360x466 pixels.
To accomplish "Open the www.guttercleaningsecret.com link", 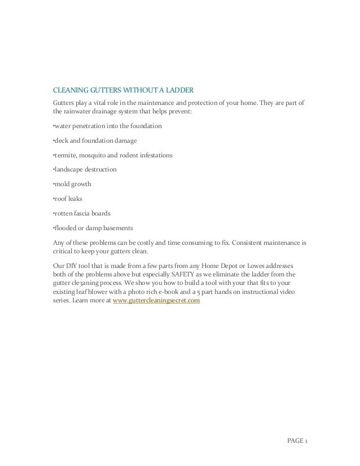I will click(x=156, y=301).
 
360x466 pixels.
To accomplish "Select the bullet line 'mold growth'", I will click(x=72, y=184).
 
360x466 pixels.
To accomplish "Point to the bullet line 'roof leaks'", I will click(x=67, y=199).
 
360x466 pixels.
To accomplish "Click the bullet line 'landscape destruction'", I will click(x=83, y=169).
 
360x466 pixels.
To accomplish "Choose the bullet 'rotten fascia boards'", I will click(x=81, y=213).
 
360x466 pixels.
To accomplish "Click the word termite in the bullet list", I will click(x=64, y=155).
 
